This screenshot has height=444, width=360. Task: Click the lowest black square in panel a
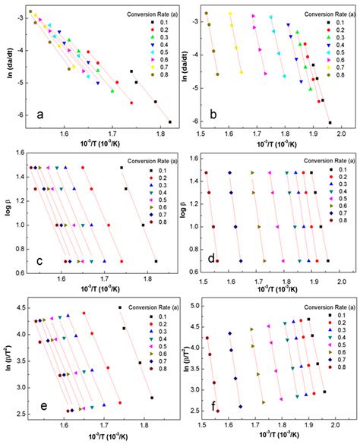click(169, 121)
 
